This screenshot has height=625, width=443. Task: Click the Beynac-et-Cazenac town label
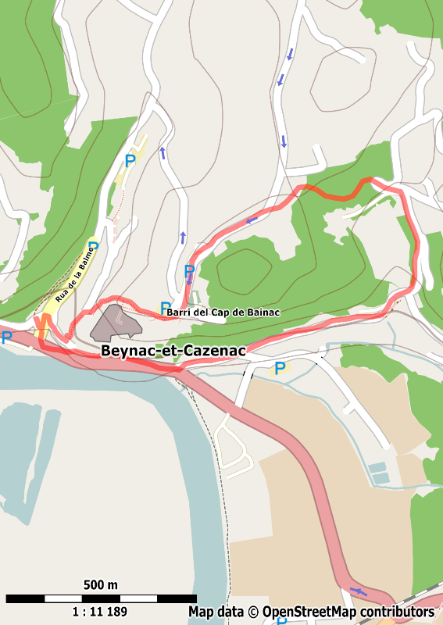173,351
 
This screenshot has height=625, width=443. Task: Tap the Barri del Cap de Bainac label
223,312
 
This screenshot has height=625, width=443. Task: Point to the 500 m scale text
100,585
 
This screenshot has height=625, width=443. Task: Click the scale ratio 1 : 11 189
99,612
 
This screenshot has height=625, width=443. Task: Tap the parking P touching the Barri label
165,308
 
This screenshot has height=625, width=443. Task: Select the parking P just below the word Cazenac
279,368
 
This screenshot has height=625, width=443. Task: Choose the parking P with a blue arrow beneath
189,272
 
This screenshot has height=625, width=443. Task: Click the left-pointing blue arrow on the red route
252,220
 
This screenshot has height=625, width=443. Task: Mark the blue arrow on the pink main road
359,590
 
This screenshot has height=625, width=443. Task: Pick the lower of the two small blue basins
381,477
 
